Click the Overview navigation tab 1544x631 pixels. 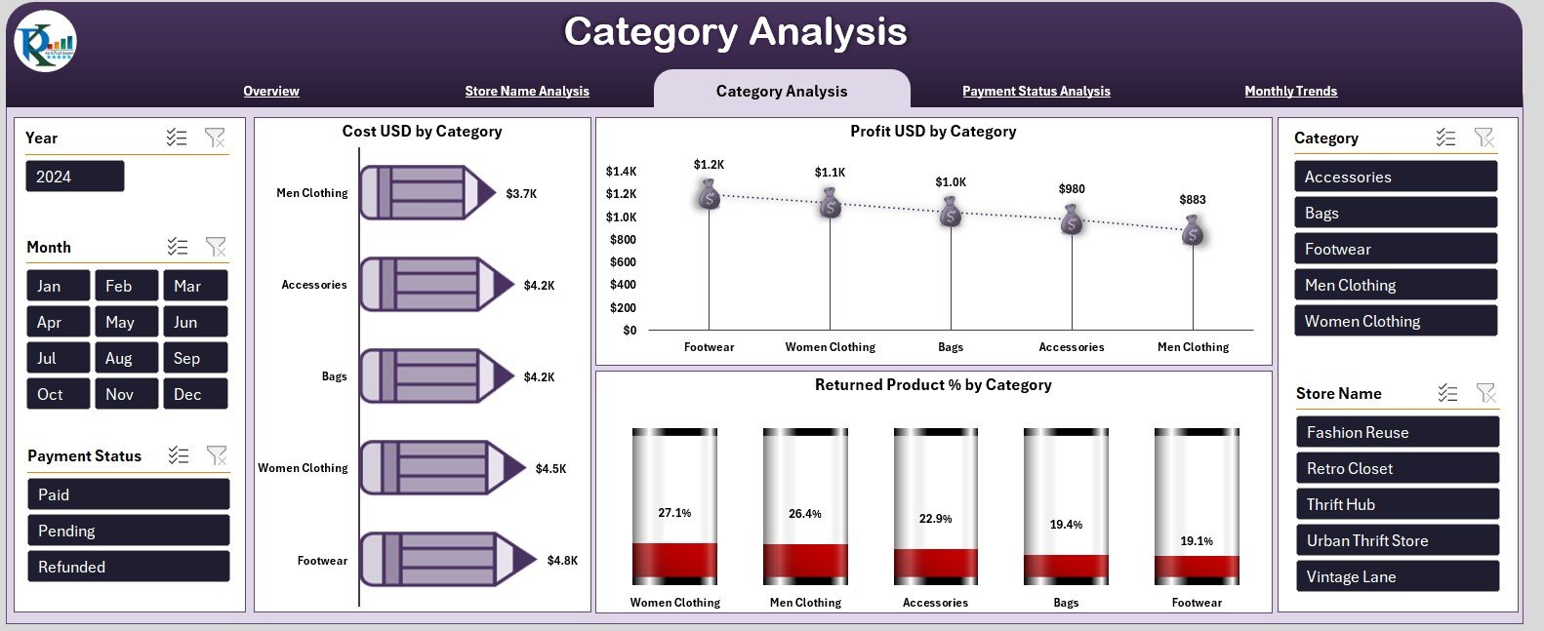(x=271, y=91)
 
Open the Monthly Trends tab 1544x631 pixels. (x=1290, y=91)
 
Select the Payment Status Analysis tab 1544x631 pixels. (x=1036, y=91)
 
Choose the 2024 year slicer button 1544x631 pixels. (x=74, y=177)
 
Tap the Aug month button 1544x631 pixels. (x=126, y=358)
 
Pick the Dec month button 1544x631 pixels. (x=194, y=394)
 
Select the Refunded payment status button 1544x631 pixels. (x=128, y=567)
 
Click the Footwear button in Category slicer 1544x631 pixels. (x=1395, y=249)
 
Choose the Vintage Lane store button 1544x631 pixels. (x=1397, y=576)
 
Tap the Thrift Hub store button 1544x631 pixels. (x=1397, y=504)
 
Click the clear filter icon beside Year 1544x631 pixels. (x=215, y=138)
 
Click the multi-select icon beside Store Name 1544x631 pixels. (x=1447, y=393)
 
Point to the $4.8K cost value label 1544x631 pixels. (x=562, y=561)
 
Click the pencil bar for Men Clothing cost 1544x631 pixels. (x=427, y=193)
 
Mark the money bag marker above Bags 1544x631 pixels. (x=951, y=211)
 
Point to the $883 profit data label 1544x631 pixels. (x=1193, y=200)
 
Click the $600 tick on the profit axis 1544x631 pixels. (x=623, y=262)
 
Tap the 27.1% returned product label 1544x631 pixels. (x=674, y=513)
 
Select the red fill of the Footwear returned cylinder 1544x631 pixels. (x=1197, y=568)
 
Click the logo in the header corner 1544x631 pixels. (x=45, y=42)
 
